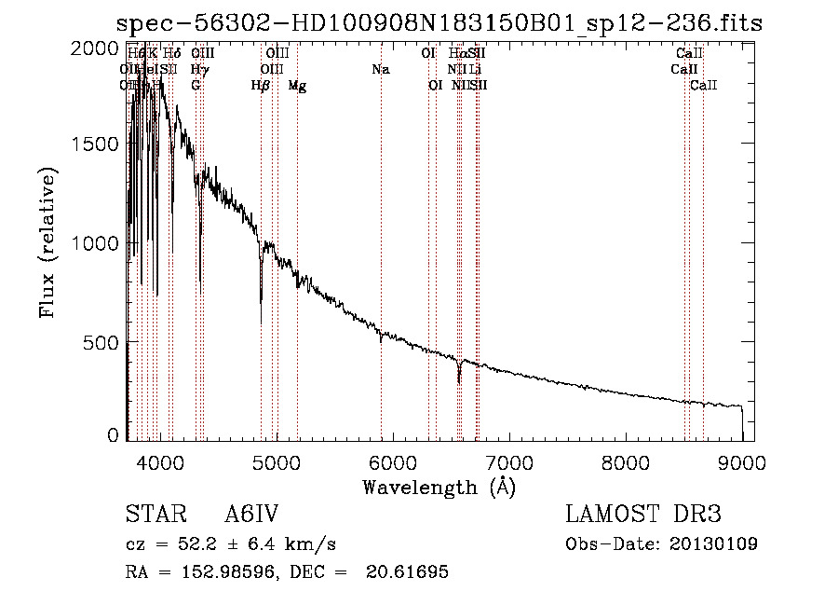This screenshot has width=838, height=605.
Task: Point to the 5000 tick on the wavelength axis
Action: [x=276, y=461]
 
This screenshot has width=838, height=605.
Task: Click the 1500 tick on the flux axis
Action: [x=97, y=144]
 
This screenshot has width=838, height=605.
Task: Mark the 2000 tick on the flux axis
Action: [x=97, y=48]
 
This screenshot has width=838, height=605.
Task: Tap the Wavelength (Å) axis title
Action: [x=439, y=487]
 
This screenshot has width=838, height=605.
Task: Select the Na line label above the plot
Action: [x=380, y=70]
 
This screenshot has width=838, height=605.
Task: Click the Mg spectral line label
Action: [x=297, y=86]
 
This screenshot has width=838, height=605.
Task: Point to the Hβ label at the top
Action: [x=261, y=86]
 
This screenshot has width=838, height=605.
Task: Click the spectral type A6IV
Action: [x=251, y=515]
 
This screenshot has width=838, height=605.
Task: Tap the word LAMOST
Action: [x=610, y=515]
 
